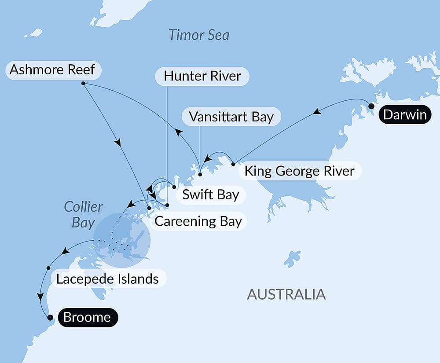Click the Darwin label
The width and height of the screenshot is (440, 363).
(x=405, y=115)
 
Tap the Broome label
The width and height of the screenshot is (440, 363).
(x=87, y=318)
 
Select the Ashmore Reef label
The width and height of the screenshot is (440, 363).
(x=52, y=70)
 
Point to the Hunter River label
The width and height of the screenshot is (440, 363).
(x=202, y=76)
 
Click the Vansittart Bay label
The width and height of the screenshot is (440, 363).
(x=231, y=117)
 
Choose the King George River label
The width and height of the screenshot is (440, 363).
(x=300, y=171)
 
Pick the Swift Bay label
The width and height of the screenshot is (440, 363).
(x=210, y=195)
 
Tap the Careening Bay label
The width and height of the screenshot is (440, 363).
(x=198, y=221)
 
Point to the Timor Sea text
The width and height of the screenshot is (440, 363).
(x=199, y=35)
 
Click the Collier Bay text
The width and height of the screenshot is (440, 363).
(x=83, y=214)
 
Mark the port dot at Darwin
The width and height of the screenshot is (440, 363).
(x=371, y=106)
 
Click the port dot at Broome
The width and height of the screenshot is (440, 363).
(x=50, y=317)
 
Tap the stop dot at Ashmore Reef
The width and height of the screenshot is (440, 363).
(x=83, y=83)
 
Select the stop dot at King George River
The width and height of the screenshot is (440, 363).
(x=233, y=165)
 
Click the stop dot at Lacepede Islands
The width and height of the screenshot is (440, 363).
(x=48, y=268)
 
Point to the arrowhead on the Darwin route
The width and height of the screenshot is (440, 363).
(x=315, y=113)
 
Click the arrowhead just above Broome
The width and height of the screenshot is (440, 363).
(x=40, y=297)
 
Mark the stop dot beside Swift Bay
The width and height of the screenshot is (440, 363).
(x=174, y=187)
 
